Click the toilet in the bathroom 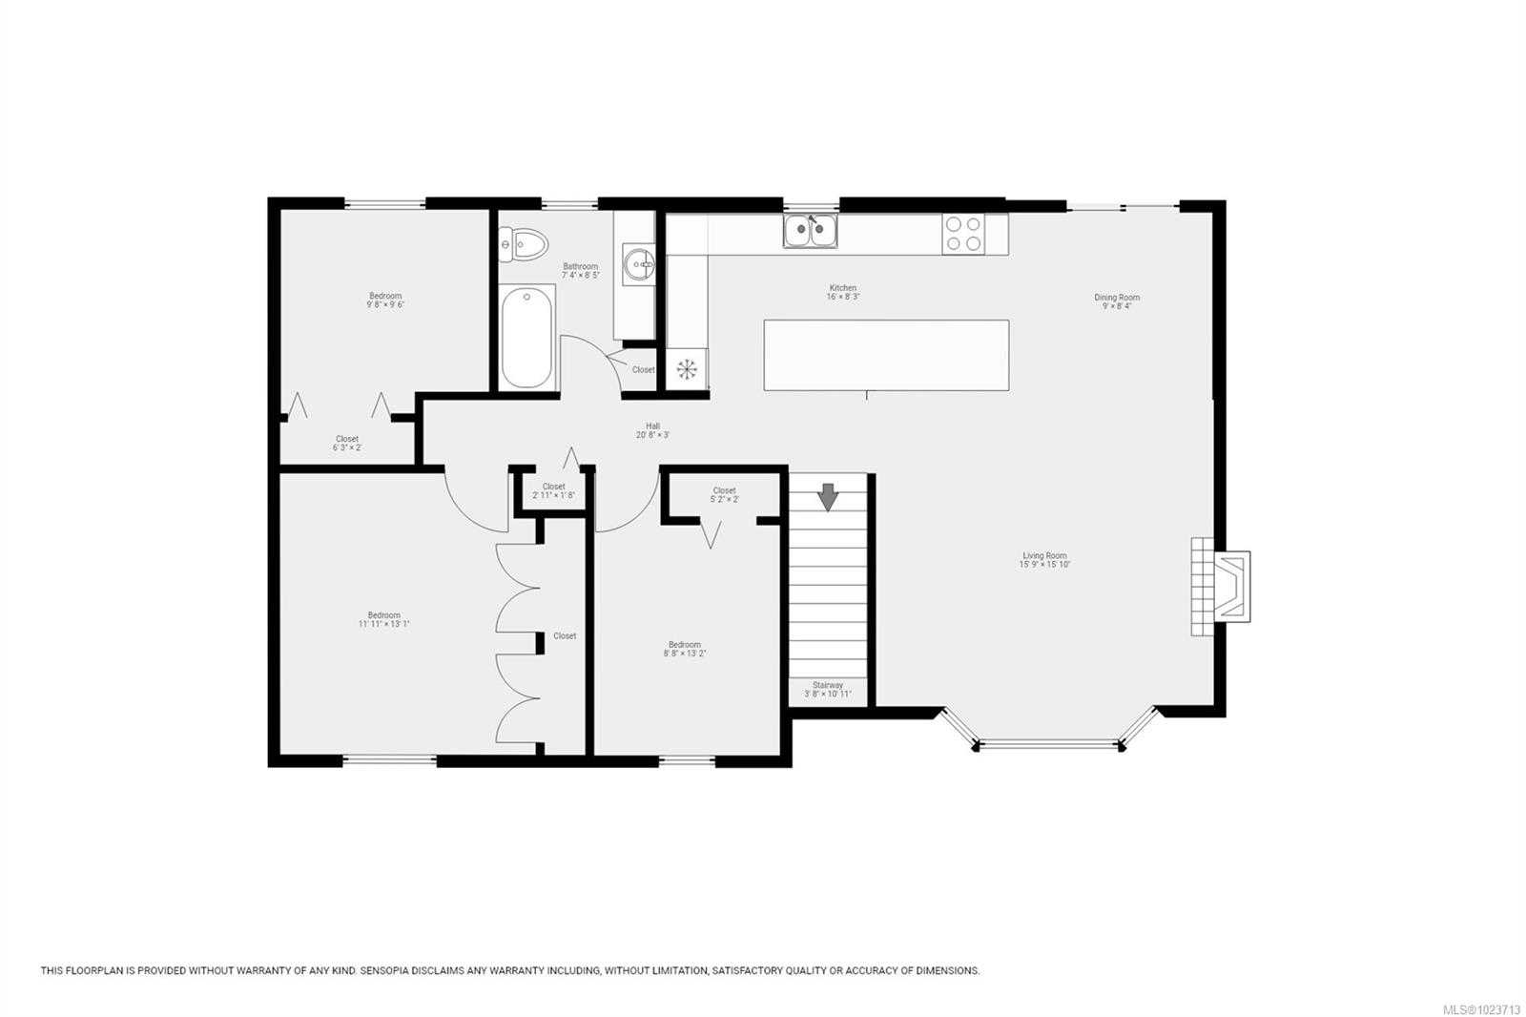(x=524, y=244)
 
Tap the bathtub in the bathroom (x=527, y=339)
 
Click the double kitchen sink (x=811, y=231)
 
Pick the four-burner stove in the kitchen (x=963, y=234)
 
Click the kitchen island (x=886, y=355)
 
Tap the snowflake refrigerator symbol (x=686, y=369)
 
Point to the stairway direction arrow (x=827, y=496)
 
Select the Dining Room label (x=1117, y=301)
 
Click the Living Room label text (x=1044, y=560)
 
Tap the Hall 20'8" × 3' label (x=652, y=430)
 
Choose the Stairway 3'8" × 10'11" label (x=827, y=690)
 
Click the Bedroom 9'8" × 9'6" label (x=385, y=301)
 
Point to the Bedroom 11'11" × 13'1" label (x=384, y=619)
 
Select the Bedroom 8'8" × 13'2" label (x=685, y=649)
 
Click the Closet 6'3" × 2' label (x=347, y=443)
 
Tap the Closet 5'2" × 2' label (x=724, y=494)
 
